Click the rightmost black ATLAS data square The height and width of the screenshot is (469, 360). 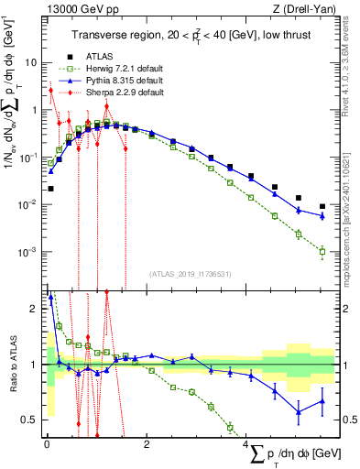click(322, 206)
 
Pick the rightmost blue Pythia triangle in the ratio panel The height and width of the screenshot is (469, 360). click(322, 400)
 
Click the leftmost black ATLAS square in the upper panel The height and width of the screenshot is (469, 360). click(50, 189)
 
